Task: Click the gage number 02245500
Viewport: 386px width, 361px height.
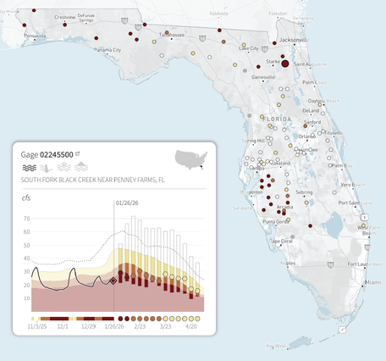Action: pyautogui.click(x=57, y=154)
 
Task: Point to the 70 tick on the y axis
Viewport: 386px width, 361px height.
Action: pyautogui.click(x=26, y=219)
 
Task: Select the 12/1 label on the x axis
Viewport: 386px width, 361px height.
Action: pyautogui.click(x=62, y=325)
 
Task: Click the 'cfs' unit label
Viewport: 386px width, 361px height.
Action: pyautogui.click(x=26, y=197)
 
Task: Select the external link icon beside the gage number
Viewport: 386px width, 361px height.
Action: pyautogui.click(x=78, y=154)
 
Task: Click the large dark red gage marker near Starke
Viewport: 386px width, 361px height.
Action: pyautogui.click(x=285, y=64)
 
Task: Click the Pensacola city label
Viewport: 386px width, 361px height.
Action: pyautogui.click(x=34, y=36)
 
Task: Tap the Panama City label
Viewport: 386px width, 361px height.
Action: pyautogui.click(x=108, y=50)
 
